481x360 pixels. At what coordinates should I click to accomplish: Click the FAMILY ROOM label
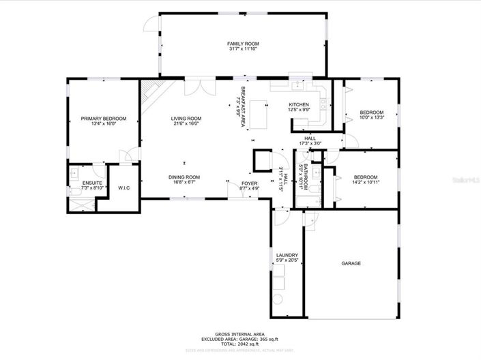click(x=243, y=44)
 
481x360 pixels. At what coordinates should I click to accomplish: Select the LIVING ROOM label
click(x=186, y=119)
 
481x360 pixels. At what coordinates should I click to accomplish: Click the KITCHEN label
click(x=300, y=104)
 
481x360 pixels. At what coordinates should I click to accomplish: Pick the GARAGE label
click(x=351, y=263)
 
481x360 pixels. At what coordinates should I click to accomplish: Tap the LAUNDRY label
click(x=287, y=256)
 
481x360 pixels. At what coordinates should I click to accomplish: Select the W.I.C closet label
click(x=123, y=188)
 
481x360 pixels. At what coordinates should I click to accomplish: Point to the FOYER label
click(x=250, y=183)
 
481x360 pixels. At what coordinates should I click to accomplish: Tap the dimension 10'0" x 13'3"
click(x=372, y=118)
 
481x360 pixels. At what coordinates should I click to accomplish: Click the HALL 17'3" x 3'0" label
click(x=310, y=140)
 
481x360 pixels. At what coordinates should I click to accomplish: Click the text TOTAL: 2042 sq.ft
click(x=239, y=344)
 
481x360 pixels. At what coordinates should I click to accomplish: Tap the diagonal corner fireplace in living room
click(x=151, y=93)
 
